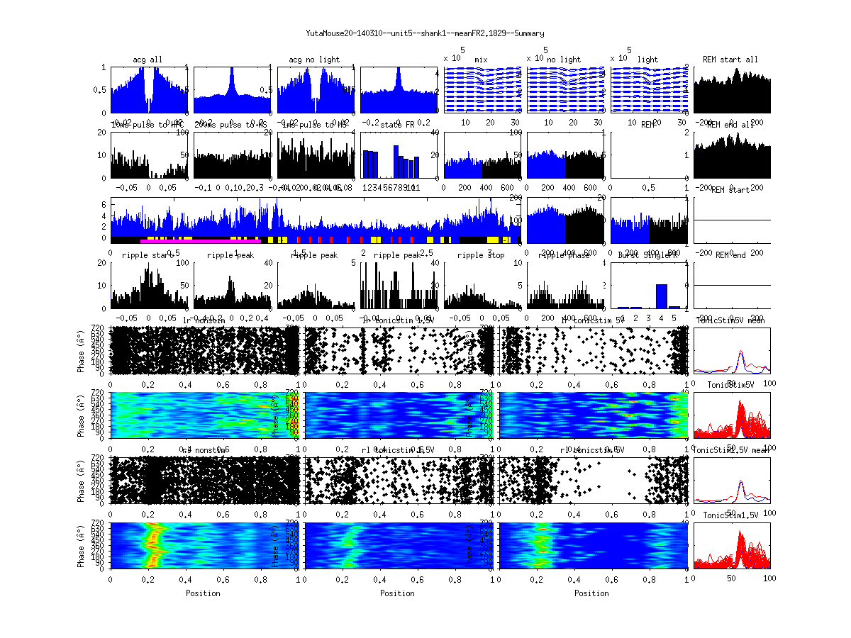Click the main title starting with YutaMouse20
425,33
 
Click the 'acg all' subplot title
148,60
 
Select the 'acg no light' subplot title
314,60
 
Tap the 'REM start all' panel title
730,60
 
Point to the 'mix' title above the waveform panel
482,60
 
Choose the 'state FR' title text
397,125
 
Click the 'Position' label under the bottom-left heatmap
203,593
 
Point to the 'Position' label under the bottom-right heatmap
592,593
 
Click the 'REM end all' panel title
730,125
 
